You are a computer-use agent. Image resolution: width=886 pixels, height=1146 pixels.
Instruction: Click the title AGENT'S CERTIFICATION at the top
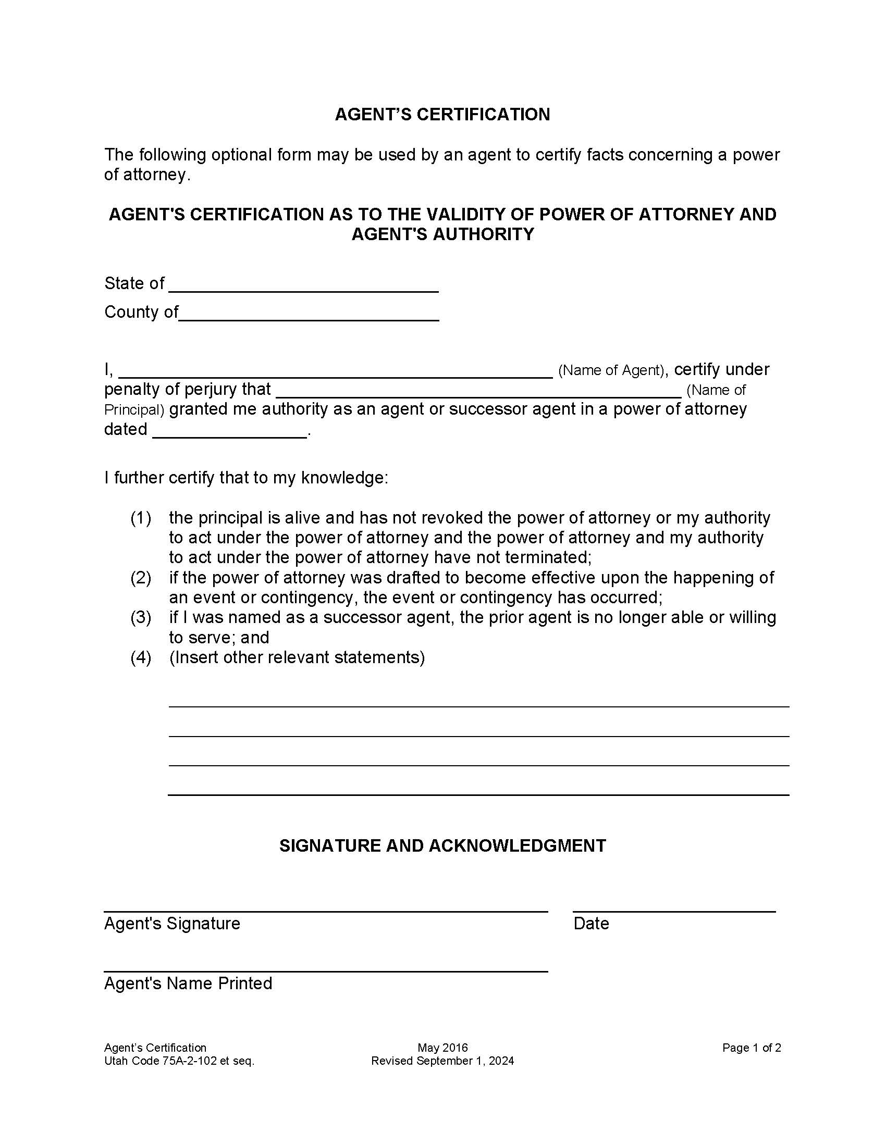pos(442,115)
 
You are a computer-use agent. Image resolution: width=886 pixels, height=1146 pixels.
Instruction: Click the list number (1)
pos(141,518)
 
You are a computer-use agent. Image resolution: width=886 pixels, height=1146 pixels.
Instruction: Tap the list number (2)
pos(141,578)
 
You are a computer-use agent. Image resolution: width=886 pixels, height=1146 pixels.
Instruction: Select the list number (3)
pos(141,617)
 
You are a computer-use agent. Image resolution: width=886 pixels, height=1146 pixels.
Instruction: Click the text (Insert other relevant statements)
pos(297,657)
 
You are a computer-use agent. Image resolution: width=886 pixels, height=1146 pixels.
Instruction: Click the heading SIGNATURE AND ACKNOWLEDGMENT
pos(442,845)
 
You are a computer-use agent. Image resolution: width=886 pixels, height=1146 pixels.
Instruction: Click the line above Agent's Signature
pos(325,911)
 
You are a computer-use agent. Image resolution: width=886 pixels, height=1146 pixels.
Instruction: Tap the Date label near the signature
pos(591,924)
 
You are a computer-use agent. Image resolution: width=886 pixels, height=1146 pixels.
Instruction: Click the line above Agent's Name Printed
pos(325,971)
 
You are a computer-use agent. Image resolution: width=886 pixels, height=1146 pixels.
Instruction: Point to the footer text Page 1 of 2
pos(751,1048)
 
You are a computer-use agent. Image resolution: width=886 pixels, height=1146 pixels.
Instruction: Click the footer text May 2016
pos(442,1048)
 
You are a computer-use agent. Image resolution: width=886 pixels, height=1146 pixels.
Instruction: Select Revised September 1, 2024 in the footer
pos(442,1061)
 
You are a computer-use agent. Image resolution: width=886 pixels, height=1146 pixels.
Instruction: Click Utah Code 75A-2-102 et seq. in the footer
pos(179,1061)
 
